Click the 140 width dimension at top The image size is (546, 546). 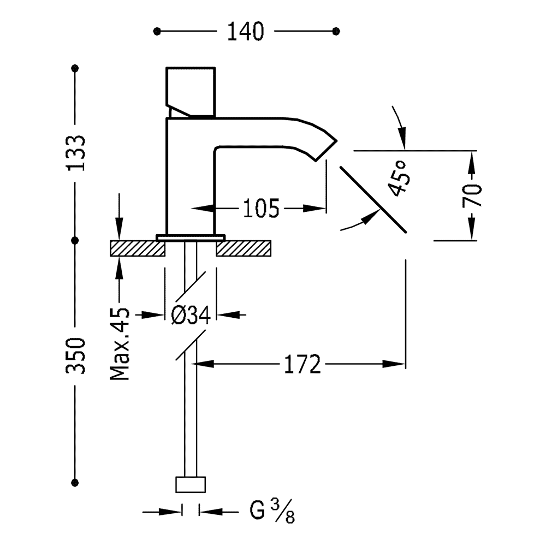pos(246,31)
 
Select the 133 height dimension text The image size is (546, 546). pos(75,153)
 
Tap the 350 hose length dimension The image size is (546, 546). pos(75,355)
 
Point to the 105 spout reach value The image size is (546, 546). pos(261,208)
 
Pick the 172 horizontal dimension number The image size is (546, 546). pos(302,364)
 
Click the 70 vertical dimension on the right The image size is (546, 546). pos(472,195)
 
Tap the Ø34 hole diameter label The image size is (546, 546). pos(191,315)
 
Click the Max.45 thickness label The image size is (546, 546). pos(120,343)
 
